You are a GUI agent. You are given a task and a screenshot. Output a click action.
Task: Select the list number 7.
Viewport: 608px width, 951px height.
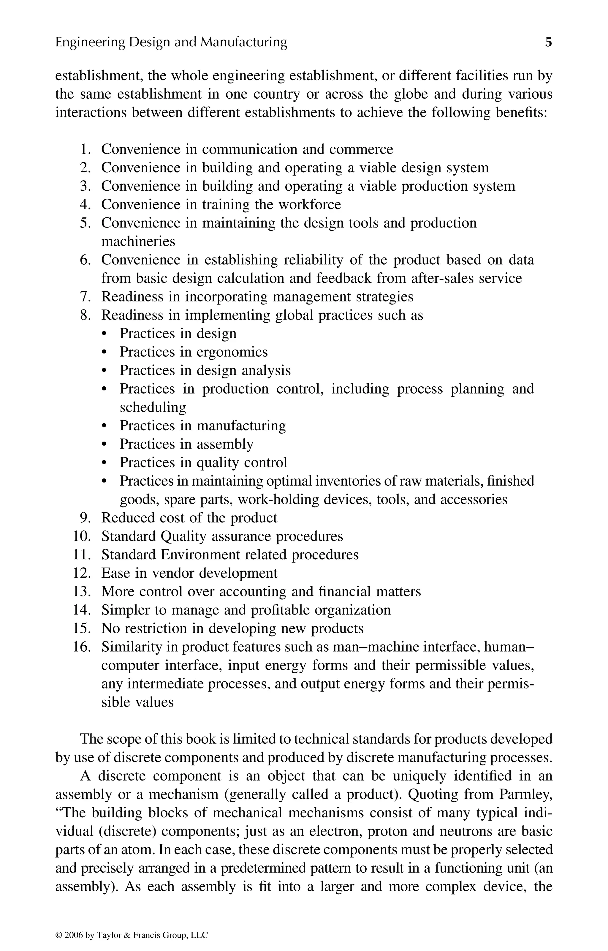[x=86, y=297]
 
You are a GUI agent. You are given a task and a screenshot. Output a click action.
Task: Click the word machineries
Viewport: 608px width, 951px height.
[x=138, y=241]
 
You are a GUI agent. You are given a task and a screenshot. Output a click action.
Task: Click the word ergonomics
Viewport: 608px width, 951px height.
[x=232, y=352]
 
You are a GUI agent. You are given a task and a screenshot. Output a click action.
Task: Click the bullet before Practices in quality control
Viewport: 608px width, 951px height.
[x=104, y=463]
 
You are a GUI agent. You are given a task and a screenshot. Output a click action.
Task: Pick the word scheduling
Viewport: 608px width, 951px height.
[x=153, y=407]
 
